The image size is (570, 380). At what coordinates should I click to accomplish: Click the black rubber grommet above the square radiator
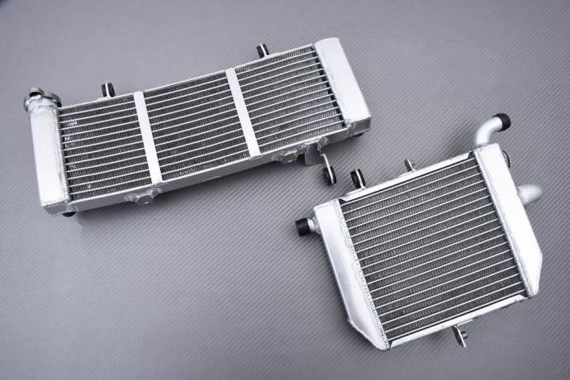pyautogui.click(x=358, y=178)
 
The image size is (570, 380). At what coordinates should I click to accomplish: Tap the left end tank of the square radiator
pyautogui.click(x=351, y=273)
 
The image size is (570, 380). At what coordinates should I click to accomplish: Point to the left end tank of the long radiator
pyautogui.click(x=50, y=157)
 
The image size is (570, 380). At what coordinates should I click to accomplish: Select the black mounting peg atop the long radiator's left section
pyautogui.click(x=108, y=89)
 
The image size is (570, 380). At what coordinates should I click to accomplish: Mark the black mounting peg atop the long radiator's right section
pyautogui.click(x=262, y=51)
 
